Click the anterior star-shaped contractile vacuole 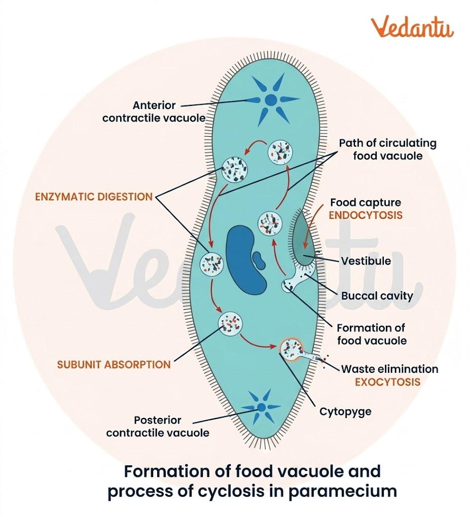(271, 99)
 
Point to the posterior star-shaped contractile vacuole (262, 407)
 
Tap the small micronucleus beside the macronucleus (259, 260)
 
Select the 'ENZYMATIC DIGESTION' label (94, 197)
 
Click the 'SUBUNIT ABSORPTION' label (114, 364)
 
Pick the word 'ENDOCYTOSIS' (366, 215)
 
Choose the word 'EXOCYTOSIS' (388, 382)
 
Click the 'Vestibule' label (366, 261)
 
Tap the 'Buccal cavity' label (377, 295)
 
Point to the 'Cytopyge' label (345, 411)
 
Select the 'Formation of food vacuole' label (371, 335)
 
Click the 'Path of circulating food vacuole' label (387, 150)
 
